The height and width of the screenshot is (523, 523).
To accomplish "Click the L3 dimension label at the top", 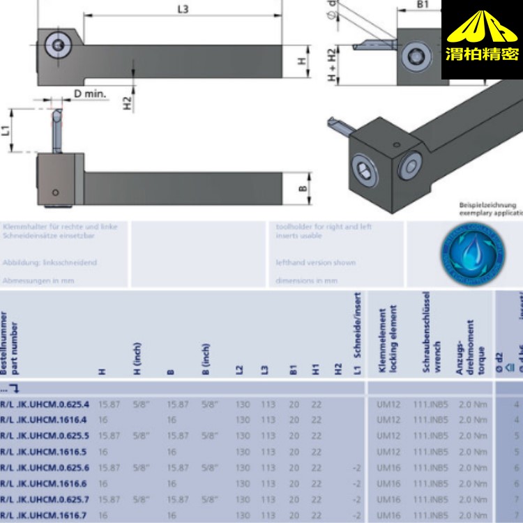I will (183, 8).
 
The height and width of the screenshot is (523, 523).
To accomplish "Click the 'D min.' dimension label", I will (90, 93).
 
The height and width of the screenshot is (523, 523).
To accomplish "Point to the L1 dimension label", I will (7, 129).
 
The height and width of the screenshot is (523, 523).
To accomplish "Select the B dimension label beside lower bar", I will (303, 188).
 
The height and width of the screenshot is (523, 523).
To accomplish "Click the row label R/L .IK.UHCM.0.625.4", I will (45, 404).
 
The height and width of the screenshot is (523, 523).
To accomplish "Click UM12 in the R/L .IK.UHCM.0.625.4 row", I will (388, 404).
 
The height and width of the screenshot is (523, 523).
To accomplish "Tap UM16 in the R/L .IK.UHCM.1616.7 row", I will (388, 515).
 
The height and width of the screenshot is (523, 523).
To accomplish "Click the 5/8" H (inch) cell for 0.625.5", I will (142, 436).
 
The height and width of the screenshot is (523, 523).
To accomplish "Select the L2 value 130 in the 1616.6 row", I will (242, 483).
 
